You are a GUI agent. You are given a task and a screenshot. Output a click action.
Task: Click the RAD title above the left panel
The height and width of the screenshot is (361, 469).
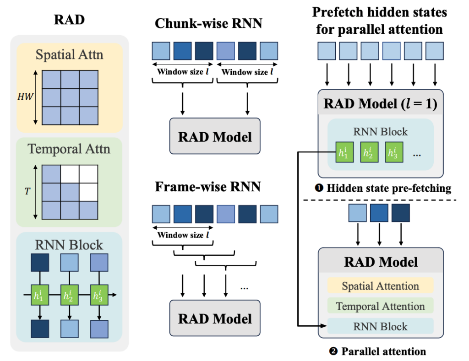click(x=69, y=20)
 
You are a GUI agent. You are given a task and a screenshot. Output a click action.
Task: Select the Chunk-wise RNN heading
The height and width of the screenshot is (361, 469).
click(x=208, y=23)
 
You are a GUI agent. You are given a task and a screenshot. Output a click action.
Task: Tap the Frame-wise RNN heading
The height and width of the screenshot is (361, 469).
click(x=207, y=187)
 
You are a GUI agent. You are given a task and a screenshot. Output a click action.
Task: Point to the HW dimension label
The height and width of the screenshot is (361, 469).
click(x=25, y=97)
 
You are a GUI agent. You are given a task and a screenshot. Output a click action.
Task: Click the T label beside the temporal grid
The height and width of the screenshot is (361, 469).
click(x=27, y=191)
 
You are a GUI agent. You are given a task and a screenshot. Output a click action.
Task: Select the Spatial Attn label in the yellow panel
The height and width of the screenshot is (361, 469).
click(x=70, y=55)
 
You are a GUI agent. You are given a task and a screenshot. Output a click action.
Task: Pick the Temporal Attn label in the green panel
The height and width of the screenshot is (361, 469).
click(x=69, y=149)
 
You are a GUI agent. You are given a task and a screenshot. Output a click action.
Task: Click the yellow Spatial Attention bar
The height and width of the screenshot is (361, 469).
click(x=381, y=286)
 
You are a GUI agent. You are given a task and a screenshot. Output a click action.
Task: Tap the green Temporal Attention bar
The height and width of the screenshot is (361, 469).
click(x=381, y=306)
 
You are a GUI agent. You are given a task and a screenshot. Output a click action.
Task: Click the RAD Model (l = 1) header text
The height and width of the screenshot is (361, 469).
click(x=381, y=104)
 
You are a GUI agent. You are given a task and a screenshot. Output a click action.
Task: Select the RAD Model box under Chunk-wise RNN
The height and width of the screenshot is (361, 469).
click(x=215, y=136)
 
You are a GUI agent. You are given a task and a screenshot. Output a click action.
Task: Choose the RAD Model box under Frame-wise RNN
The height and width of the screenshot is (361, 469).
click(x=215, y=318)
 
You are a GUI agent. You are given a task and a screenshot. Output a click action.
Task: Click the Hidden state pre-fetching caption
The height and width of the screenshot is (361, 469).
click(x=389, y=188)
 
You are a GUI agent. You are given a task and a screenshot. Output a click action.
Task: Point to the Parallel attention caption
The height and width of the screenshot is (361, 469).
click(x=384, y=351)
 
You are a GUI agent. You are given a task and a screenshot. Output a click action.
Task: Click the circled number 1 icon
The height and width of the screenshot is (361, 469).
click(x=319, y=188)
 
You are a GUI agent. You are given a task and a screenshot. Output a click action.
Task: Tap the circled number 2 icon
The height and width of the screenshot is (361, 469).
click(x=333, y=351)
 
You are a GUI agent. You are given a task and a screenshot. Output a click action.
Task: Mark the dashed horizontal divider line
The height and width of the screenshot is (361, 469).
click(x=380, y=200)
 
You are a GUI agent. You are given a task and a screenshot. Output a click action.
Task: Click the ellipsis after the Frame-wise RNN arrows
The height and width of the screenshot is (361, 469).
click(x=244, y=288)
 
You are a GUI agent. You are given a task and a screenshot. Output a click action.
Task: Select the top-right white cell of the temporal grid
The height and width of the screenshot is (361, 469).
click(x=88, y=174)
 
